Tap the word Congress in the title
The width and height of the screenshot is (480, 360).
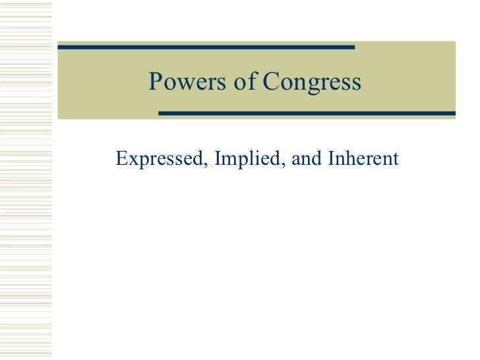click(x=312, y=82)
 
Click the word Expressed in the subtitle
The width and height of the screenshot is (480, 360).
click(x=157, y=159)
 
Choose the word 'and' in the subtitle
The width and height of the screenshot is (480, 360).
click(x=303, y=159)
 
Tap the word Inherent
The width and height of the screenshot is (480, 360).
click(x=361, y=159)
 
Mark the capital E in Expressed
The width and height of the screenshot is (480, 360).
click(x=120, y=159)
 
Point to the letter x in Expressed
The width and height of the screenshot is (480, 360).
click(x=131, y=160)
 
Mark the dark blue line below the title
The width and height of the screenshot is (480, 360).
click(x=307, y=113)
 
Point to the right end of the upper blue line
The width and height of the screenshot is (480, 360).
click(x=353, y=47)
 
